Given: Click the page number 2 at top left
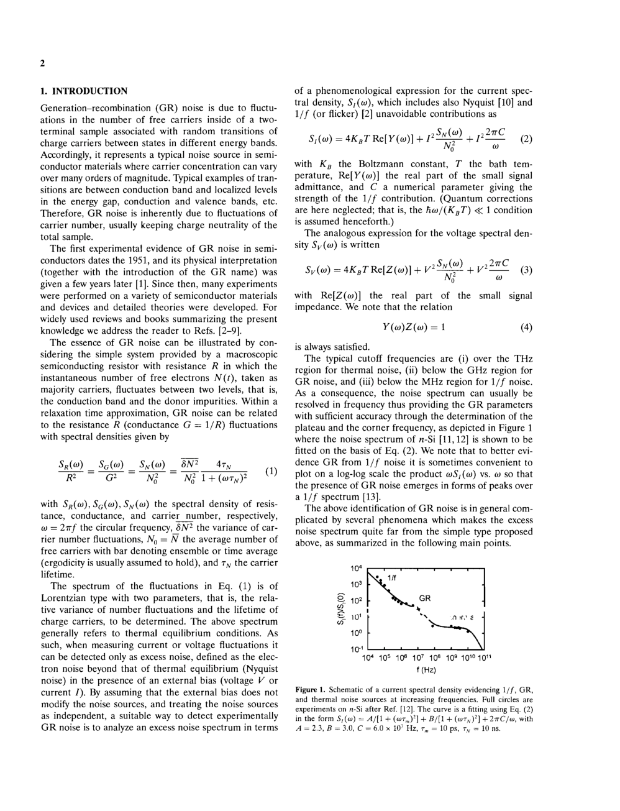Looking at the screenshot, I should [x=42, y=63].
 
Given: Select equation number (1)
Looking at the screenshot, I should [x=271, y=471].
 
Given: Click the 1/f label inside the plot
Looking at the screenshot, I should [x=392, y=577].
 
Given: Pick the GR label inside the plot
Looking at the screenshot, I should [x=425, y=598].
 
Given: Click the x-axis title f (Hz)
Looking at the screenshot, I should [x=426, y=670].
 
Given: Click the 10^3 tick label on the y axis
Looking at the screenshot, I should [x=356, y=585].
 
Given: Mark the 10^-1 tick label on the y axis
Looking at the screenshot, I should [x=355, y=649].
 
